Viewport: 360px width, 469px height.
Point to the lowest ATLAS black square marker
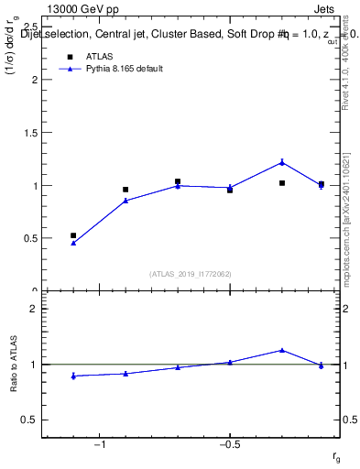[x=73, y=235]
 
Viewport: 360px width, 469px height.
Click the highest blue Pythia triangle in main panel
[x=282, y=162]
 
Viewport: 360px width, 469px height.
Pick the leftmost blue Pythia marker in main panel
[x=73, y=243]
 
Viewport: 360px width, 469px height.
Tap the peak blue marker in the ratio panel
[x=282, y=350]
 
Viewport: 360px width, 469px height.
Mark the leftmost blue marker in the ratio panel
[x=73, y=376]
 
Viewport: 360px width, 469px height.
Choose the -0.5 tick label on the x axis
[x=229, y=446]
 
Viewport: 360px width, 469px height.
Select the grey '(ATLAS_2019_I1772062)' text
[x=191, y=274]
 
